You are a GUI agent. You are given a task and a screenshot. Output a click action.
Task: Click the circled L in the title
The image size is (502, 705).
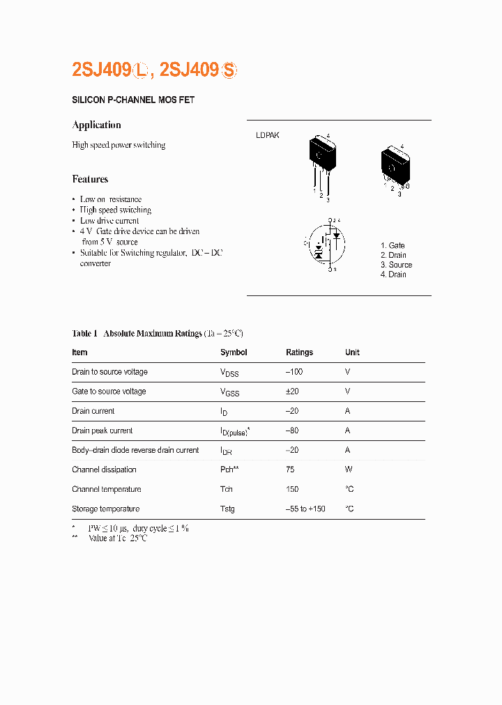tap(143, 70)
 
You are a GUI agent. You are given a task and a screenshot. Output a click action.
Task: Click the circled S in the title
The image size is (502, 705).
tap(229, 70)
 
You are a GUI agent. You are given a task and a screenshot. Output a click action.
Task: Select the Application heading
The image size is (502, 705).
tap(96, 125)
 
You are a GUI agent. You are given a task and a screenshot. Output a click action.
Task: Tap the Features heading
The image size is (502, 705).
tap(90, 179)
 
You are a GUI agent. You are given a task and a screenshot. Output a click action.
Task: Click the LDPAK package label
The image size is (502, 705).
tap(267, 135)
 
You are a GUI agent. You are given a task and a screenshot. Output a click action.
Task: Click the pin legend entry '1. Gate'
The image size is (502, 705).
tap(393, 246)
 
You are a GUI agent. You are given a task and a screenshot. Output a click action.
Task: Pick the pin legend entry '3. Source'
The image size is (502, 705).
tap(396, 265)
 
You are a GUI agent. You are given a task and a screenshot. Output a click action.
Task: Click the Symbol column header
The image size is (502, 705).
tap(234, 352)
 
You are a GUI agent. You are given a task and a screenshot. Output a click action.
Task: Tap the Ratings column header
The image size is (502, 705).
tap(299, 352)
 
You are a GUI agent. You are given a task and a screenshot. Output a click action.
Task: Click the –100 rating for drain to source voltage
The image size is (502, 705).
tap(296, 372)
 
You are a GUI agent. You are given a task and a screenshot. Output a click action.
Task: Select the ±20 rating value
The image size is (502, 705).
tap(293, 392)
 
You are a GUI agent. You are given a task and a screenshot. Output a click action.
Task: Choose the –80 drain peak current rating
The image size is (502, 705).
tap(293, 431)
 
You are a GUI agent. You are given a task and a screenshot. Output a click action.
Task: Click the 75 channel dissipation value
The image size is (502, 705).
tap(290, 470)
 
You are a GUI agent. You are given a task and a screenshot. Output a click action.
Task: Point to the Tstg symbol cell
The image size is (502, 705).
tap(227, 509)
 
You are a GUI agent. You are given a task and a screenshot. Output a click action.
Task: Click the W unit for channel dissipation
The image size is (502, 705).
tap(348, 470)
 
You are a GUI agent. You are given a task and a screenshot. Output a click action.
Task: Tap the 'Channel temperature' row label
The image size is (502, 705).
tap(106, 489)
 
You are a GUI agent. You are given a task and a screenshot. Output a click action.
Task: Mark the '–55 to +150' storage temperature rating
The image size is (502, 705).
tap(305, 509)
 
